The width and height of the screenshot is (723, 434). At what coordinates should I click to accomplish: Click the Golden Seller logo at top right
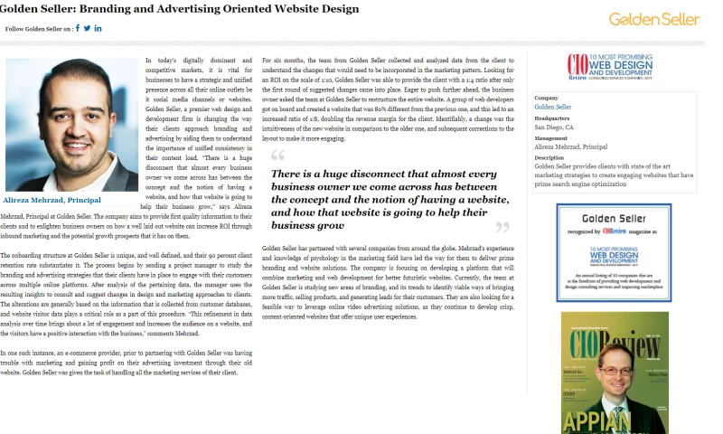653,19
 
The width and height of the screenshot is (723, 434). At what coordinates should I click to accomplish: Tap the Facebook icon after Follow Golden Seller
78,28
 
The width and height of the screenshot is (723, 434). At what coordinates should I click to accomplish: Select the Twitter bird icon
88,28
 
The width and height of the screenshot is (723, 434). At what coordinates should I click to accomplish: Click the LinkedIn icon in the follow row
98,28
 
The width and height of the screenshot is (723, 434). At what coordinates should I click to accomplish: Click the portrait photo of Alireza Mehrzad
71,124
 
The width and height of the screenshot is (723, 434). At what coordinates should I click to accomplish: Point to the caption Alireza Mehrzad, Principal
52,200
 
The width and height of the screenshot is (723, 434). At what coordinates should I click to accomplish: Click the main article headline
179,8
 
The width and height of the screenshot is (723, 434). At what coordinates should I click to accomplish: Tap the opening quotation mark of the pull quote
277,156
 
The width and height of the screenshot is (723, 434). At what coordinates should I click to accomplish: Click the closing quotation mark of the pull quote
502,227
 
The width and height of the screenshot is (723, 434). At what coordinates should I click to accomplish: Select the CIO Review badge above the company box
614,69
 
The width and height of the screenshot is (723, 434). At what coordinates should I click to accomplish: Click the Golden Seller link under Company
552,107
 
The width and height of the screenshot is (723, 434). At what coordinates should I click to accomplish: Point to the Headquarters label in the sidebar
551,118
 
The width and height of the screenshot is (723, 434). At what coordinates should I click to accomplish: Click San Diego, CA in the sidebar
554,127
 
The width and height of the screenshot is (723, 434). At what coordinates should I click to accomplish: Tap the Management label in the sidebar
551,138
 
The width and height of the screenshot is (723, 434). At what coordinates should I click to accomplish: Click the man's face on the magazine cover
618,379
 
